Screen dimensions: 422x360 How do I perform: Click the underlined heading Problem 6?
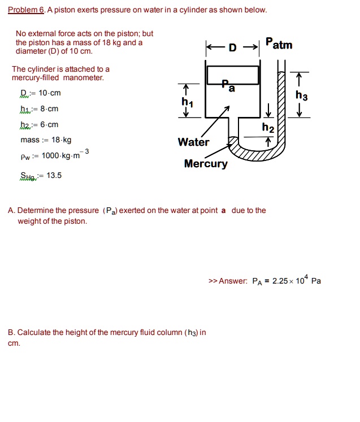click(x=26, y=10)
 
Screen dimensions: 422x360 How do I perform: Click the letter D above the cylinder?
click(x=232, y=47)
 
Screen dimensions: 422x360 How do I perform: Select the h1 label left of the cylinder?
click(x=186, y=102)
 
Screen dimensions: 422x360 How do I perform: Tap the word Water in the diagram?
click(x=193, y=142)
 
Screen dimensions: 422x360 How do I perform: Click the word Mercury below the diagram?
click(x=206, y=164)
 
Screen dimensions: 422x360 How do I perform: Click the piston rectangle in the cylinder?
click(x=232, y=74)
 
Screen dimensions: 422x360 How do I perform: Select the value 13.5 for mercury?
click(x=54, y=175)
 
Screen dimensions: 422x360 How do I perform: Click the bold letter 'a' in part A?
click(x=223, y=211)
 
